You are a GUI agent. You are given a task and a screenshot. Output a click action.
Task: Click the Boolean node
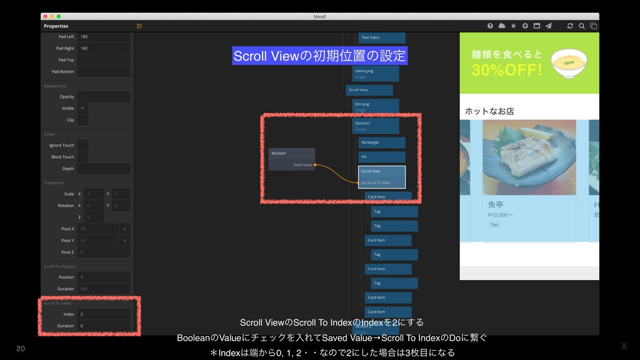point(291,159)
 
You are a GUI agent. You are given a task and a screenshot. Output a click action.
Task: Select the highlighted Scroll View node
point(381,177)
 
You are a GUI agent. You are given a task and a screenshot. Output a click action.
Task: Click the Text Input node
point(381,37)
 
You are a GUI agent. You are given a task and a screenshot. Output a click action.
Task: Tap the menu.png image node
point(375,74)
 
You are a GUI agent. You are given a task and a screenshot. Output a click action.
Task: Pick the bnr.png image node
point(375,106)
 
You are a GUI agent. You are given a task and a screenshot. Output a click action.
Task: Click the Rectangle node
point(381,142)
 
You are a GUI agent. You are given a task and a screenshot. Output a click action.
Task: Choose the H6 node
point(381,157)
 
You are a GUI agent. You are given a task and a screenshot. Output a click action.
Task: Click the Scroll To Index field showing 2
point(104,314)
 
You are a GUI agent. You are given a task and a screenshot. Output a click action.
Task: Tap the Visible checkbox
point(82,108)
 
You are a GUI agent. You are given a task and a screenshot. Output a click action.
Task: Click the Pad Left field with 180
point(104,36)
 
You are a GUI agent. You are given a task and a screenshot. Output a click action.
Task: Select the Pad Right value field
point(104,48)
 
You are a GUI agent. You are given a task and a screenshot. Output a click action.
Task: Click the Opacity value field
point(104,97)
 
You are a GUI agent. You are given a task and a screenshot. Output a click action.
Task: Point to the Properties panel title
point(56,26)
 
